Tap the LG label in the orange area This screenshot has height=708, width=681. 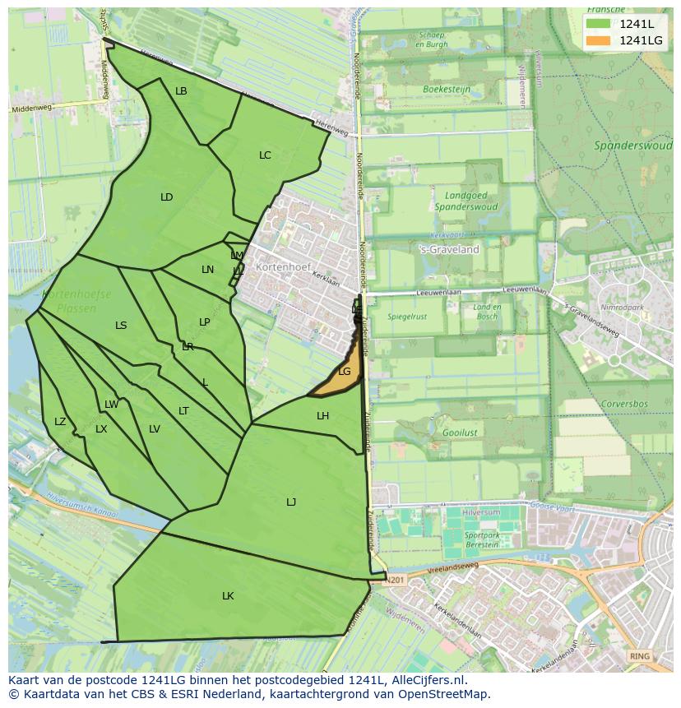coord(344,372)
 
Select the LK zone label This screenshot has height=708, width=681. coord(228,595)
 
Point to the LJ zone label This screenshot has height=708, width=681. coord(291,502)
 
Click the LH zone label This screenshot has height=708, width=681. coord(322,416)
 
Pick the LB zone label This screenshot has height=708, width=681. coord(181,91)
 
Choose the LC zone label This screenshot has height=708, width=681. coord(265,155)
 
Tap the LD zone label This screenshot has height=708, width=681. coord(167,197)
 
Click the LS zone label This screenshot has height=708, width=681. coord(121,326)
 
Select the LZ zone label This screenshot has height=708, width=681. coord(60,422)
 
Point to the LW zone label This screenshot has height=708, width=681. coord(111,404)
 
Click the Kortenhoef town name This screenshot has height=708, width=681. coord(280,267)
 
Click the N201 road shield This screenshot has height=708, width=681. coord(396,579)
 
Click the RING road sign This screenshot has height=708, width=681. coord(638,656)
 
